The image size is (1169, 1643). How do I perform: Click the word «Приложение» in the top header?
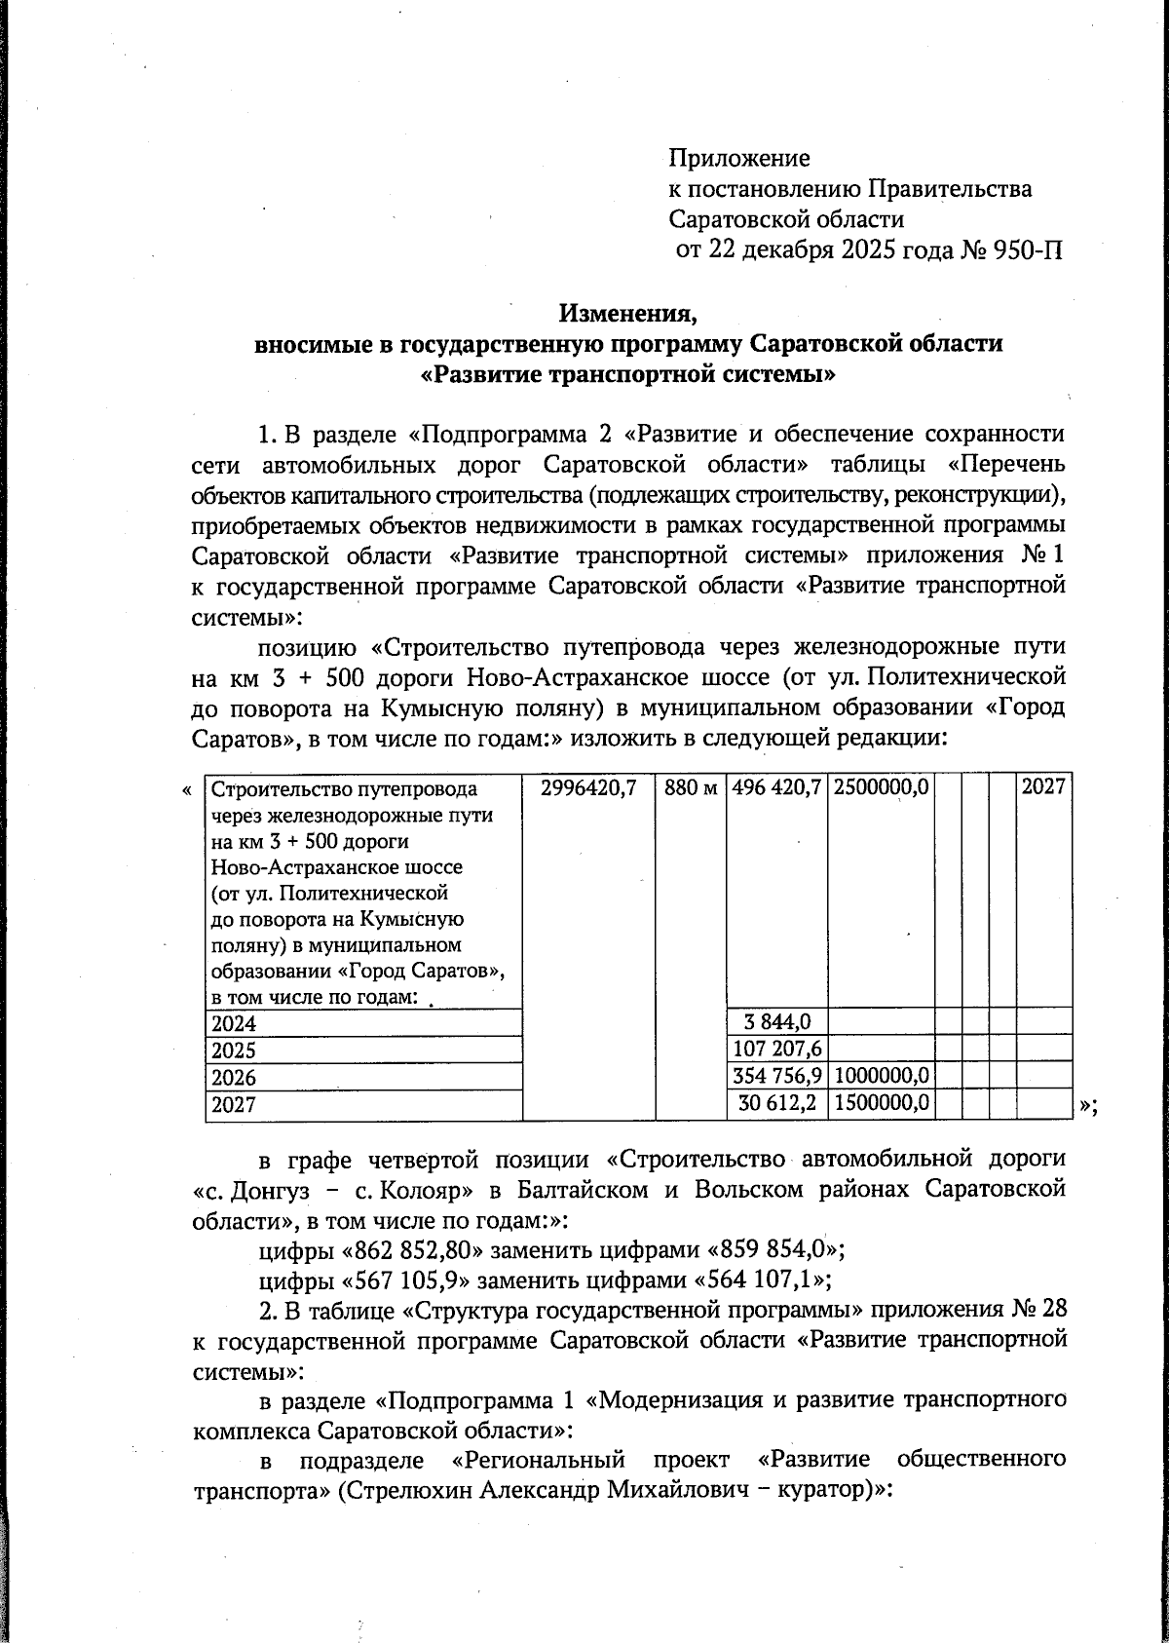tap(738, 158)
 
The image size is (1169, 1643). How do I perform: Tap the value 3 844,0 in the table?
tap(777, 1022)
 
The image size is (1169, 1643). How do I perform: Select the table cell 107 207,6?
tap(777, 1050)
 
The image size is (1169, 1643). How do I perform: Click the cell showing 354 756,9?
tap(777, 1077)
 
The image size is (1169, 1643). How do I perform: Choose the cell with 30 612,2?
tap(777, 1103)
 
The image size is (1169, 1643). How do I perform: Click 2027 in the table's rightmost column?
tap(1044, 786)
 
